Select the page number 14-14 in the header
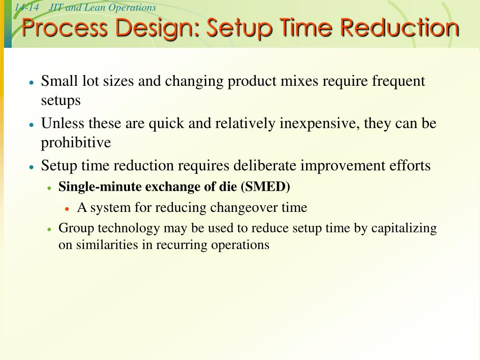(26, 7)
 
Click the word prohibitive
(76, 142)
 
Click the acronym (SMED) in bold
(265, 187)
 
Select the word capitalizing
(404, 229)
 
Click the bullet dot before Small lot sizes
(31, 82)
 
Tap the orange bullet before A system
(67, 208)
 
